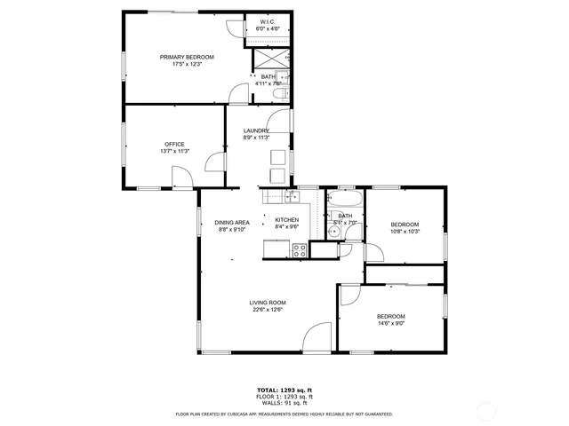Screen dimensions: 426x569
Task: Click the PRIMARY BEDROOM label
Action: point(187,58)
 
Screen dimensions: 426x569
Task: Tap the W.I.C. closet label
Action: point(268,21)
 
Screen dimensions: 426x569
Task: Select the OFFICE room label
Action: point(174,145)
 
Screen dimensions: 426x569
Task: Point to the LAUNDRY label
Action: point(256,131)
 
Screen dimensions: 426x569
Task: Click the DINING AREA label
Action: point(231,223)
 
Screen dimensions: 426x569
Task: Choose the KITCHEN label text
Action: point(286,220)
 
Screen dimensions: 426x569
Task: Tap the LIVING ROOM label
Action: point(268,303)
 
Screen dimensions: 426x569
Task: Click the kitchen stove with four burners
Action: point(300,250)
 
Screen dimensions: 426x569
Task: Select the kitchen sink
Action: point(290,196)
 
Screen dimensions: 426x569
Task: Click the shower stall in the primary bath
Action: point(268,59)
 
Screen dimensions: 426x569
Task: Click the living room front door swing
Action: point(316,339)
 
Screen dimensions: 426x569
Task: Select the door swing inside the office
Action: point(214,162)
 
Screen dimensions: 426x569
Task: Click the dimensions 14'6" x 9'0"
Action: point(390,324)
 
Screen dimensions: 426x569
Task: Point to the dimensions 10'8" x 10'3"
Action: point(405,232)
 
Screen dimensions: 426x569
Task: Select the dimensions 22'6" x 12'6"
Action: point(268,310)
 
